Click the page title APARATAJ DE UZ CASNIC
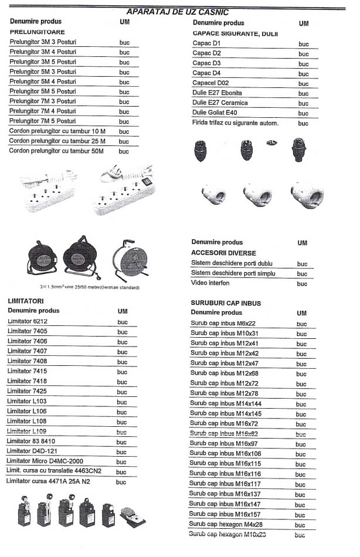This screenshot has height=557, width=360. pyautogui.click(x=178, y=12)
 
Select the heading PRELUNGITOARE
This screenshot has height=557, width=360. pyautogui.click(x=37, y=32)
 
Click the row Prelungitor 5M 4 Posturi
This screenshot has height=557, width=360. pyautogui.click(x=43, y=81)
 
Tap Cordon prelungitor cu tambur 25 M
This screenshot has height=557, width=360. pyautogui.click(x=57, y=141)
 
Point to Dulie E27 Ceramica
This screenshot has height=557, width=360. pyautogui.click(x=220, y=103)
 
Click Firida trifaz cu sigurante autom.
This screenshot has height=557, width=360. pyautogui.click(x=235, y=123)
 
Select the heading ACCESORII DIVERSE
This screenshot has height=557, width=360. pyautogui.click(x=223, y=253)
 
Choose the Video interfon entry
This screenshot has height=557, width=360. pyautogui.click(x=210, y=283)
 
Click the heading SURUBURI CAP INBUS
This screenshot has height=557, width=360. pyautogui.click(x=226, y=303)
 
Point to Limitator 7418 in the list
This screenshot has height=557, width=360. pyautogui.click(x=28, y=381)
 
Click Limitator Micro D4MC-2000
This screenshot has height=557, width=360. pyautogui.click(x=45, y=461)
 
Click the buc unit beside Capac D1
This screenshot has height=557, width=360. pyautogui.click(x=303, y=44)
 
